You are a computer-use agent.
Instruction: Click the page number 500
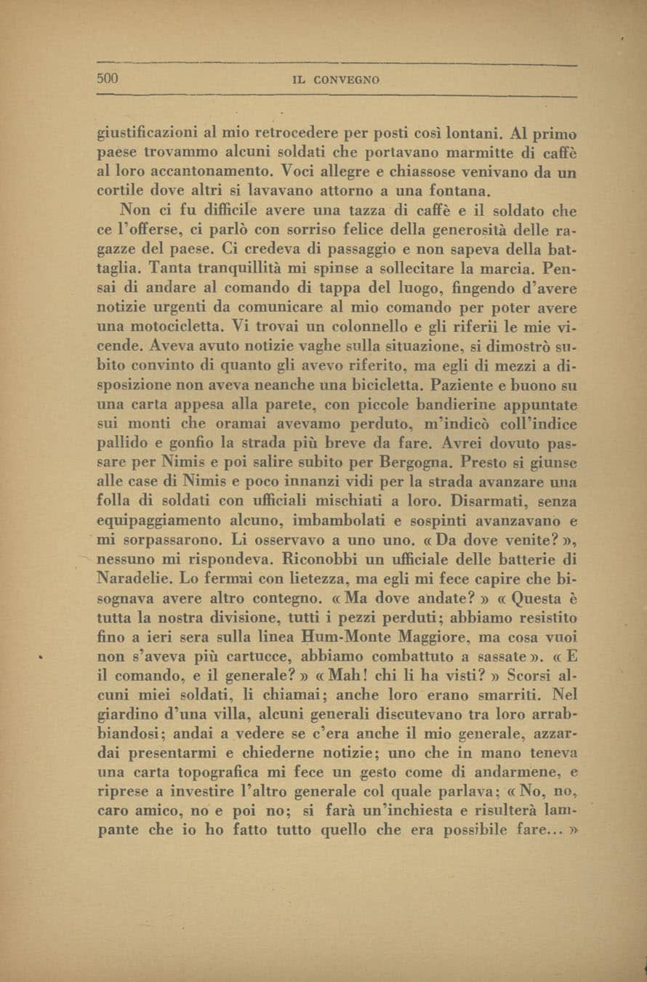tap(108, 79)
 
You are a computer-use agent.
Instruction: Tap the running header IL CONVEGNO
tap(335, 80)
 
